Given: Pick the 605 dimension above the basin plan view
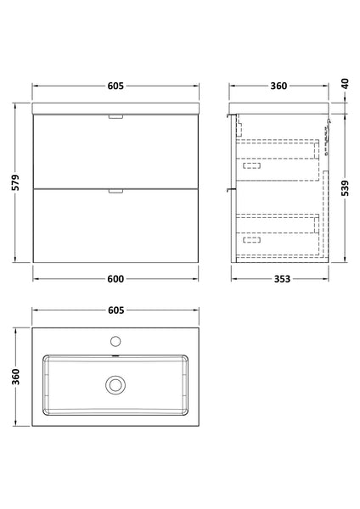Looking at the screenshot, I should (116, 311).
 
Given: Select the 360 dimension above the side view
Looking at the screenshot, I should (278, 86).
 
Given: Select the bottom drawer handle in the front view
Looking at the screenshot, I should (115, 191).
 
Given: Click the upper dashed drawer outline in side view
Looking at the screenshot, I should (278, 152).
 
